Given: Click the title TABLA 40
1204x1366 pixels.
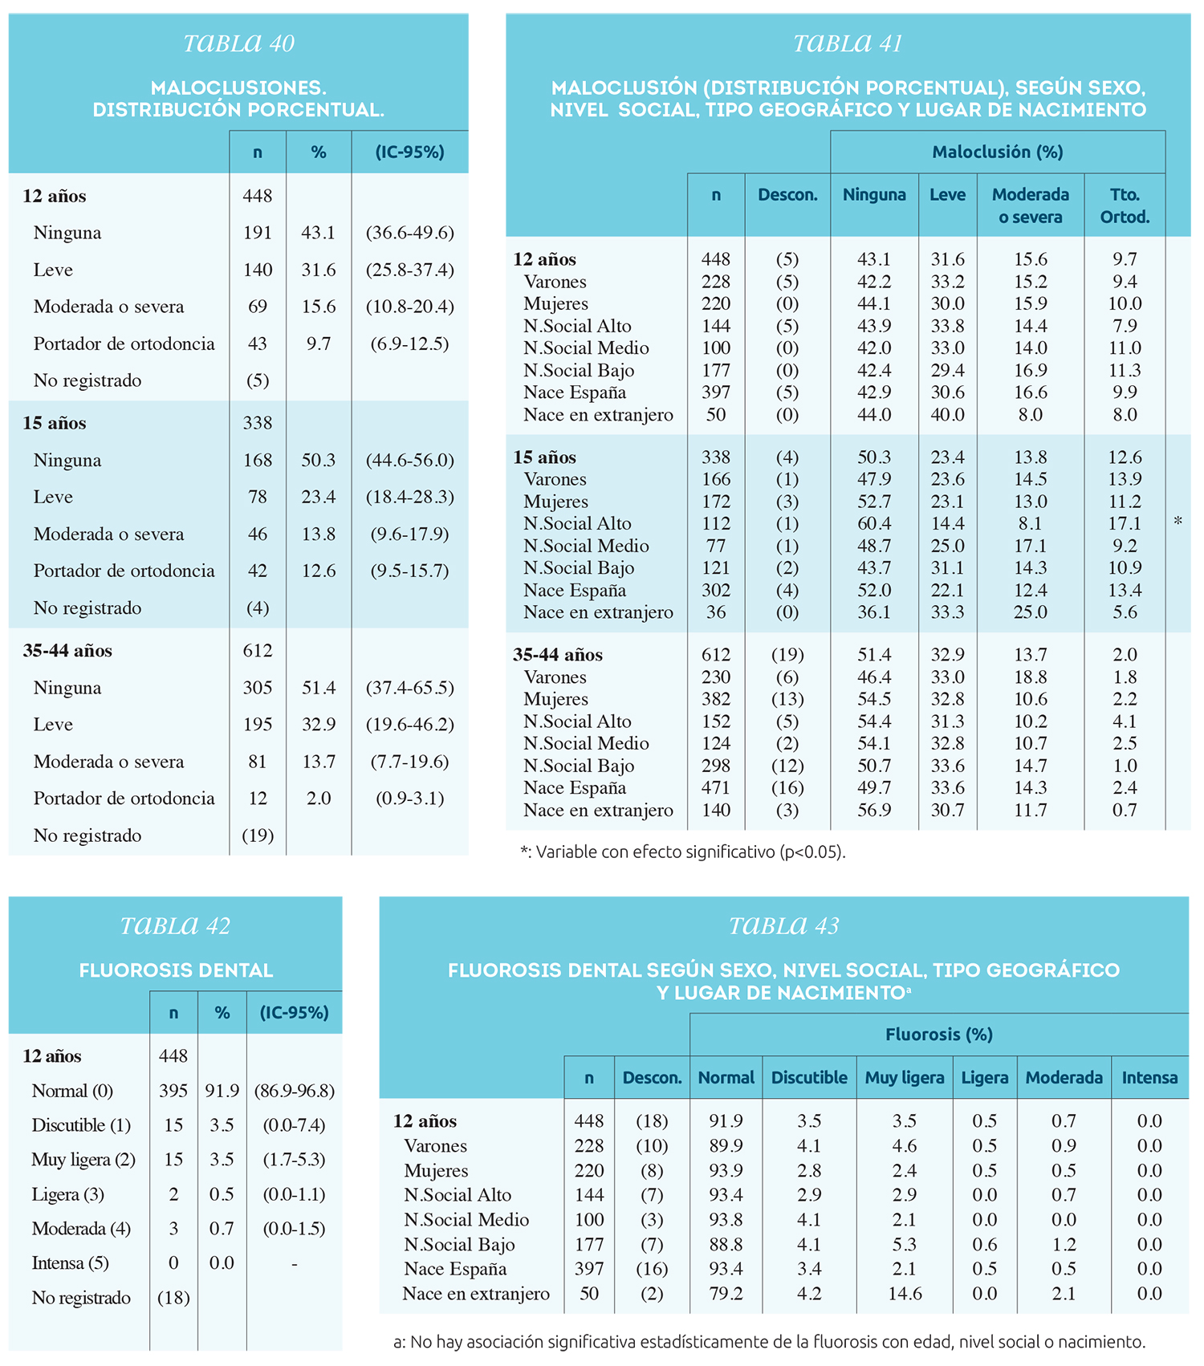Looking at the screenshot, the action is [x=238, y=43].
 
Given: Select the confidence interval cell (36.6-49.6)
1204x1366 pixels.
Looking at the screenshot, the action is [x=409, y=233].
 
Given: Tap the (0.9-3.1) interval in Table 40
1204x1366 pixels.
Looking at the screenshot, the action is [x=409, y=799].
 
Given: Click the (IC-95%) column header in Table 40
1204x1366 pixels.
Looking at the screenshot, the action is [x=409, y=152].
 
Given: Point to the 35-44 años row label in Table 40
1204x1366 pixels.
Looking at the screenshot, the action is [x=67, y=651].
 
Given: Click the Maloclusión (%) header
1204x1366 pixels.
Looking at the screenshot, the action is [x=998, y=152].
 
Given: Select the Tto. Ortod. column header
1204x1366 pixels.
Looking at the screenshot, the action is [x=1125, y=205].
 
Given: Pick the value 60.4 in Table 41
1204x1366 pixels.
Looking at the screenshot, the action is [x=873, y=524].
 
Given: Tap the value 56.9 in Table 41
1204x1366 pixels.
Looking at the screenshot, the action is [x=873, y=811].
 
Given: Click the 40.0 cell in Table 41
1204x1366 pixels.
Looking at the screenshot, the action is [x=947, y=415].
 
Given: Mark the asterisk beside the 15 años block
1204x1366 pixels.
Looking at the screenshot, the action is [x=1178, y=522].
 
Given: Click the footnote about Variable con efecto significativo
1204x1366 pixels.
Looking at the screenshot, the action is [x=682, y=852].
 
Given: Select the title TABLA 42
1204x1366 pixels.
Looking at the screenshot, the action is [x=175, y=926].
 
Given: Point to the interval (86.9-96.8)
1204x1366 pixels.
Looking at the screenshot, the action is [x=294, y=1092].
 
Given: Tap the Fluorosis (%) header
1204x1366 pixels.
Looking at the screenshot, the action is [x=938, y=1035].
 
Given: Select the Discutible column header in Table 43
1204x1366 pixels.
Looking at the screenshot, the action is [x=809, y=1078].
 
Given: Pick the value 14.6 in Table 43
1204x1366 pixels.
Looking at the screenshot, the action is [x=904, y=1294].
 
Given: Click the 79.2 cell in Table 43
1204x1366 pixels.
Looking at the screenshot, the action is [x=726, y=1294].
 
